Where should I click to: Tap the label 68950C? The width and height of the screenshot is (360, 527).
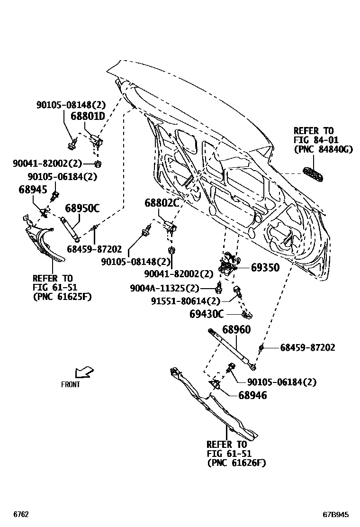(82, 208)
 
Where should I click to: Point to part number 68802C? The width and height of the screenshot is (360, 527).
(162, 204)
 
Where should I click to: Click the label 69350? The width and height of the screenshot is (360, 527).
(265, 268)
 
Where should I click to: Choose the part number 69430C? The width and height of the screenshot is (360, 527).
(206, 314)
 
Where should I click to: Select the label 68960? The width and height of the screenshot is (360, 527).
(236, 329)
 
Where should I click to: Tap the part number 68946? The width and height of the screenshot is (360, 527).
(252, 395)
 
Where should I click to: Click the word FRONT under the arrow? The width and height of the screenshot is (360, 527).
(71, 385)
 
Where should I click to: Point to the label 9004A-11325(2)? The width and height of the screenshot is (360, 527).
(165, 288)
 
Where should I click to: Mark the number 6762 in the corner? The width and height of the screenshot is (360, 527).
(21, 514)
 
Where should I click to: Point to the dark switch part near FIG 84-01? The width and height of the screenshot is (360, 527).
(314, 174)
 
